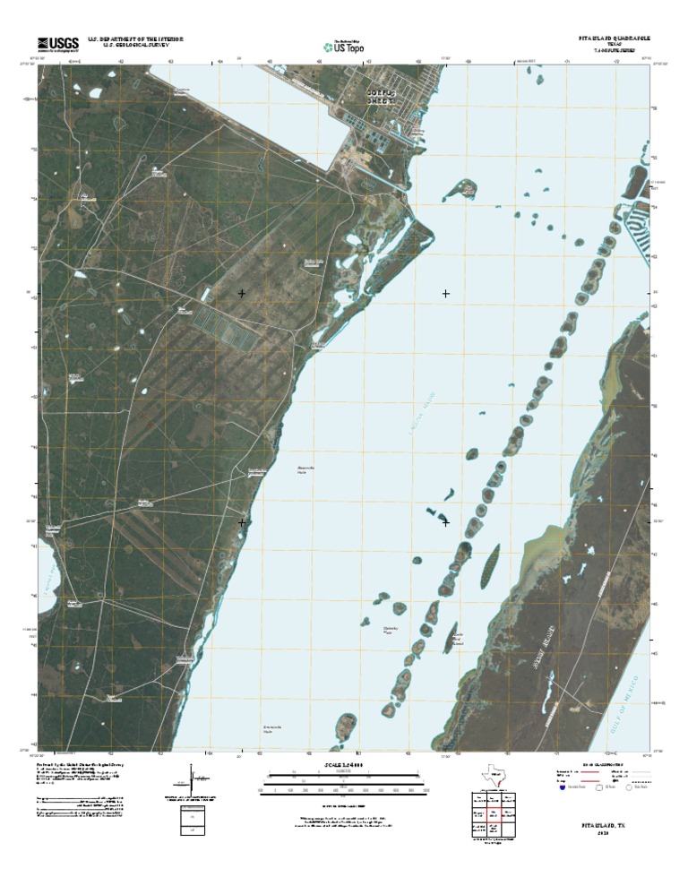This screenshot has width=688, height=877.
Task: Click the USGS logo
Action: tap(58, 42)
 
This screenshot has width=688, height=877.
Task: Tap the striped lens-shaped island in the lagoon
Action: tap(491, 564)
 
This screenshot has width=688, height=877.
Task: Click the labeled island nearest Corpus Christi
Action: tap(464, 188)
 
